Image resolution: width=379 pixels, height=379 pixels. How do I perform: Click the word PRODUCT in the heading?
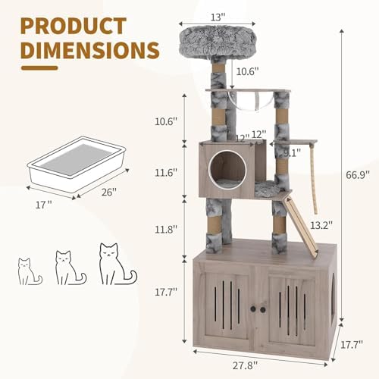(74, 26)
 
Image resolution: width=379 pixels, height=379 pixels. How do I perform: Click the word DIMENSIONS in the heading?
(90, 49)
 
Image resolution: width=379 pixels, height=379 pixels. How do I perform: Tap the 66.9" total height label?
(358, 174)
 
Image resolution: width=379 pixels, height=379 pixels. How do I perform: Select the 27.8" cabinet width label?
(245, 365)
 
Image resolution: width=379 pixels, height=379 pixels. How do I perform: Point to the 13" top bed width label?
(218, 17)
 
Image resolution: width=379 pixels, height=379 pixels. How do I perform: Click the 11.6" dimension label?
(166, 173)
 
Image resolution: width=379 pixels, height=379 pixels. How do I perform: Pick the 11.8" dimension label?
(166, 230)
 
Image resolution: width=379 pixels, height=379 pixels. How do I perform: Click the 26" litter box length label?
(109, 193)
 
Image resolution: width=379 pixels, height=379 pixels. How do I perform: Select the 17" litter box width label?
(43, 205)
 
